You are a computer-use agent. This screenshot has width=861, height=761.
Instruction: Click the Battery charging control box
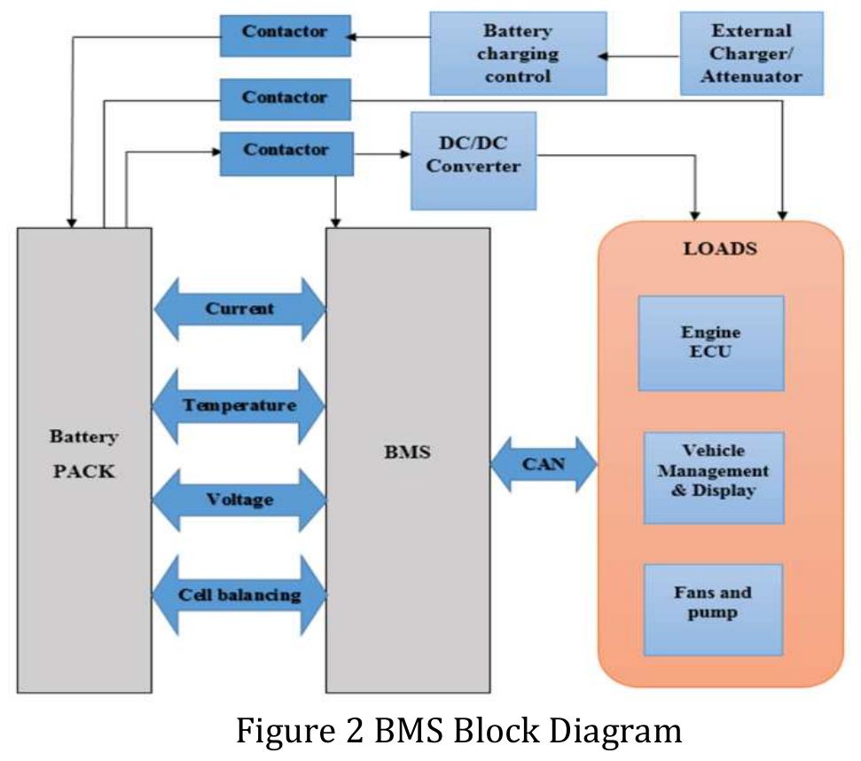(518, 53)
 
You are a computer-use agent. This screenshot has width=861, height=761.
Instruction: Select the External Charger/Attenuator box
(752, 53)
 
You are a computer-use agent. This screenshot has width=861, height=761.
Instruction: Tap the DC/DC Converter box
(474, 160)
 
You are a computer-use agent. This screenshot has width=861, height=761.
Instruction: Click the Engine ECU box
(711, 343)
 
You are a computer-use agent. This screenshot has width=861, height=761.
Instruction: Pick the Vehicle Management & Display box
(713, 477)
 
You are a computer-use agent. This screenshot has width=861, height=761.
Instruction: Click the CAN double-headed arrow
(544, 464)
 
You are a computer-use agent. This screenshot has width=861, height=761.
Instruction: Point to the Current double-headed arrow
(239, 310)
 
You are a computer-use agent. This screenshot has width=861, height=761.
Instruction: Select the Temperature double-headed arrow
(239, 405)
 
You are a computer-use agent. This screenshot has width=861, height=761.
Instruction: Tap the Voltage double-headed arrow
(239, 500)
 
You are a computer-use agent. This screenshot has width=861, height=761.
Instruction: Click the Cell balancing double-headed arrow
(239, 595)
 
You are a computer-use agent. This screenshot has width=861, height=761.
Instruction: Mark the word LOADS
(720, 248)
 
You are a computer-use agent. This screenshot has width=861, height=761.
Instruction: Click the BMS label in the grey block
(408, 452)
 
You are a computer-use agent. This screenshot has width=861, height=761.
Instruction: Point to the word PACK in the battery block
(83, 471)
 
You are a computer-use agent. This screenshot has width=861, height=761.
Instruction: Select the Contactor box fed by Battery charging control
(285, 33)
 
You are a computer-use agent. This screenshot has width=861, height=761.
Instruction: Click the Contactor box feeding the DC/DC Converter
(286, 151)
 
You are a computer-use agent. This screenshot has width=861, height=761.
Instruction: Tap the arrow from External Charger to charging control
(638, 56)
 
